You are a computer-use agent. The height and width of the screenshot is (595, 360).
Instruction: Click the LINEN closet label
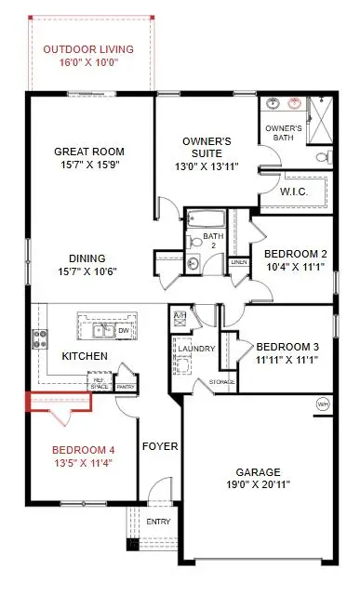pyautogui.click(x=239, y=261)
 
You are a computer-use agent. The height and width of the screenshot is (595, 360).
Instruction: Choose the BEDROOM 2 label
pyautogui.click(x=295, y=254)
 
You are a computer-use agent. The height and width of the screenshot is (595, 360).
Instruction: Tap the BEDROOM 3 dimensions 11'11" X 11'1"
pyautogui.click(x=287, y=361)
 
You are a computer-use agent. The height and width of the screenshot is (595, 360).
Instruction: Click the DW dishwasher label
pyautogui.click(x=122, y=329)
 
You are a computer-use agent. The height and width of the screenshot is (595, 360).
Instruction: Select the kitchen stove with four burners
pyautogui.click(x=41, y=339)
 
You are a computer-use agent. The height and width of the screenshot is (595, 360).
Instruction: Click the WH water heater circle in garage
pyautogui.click(x=322, y=404)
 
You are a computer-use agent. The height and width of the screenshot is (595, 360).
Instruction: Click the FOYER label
pyautogui.click(x=159, y=446)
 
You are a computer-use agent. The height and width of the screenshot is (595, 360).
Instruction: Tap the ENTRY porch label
pyautogui.click(x=159, y=522)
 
